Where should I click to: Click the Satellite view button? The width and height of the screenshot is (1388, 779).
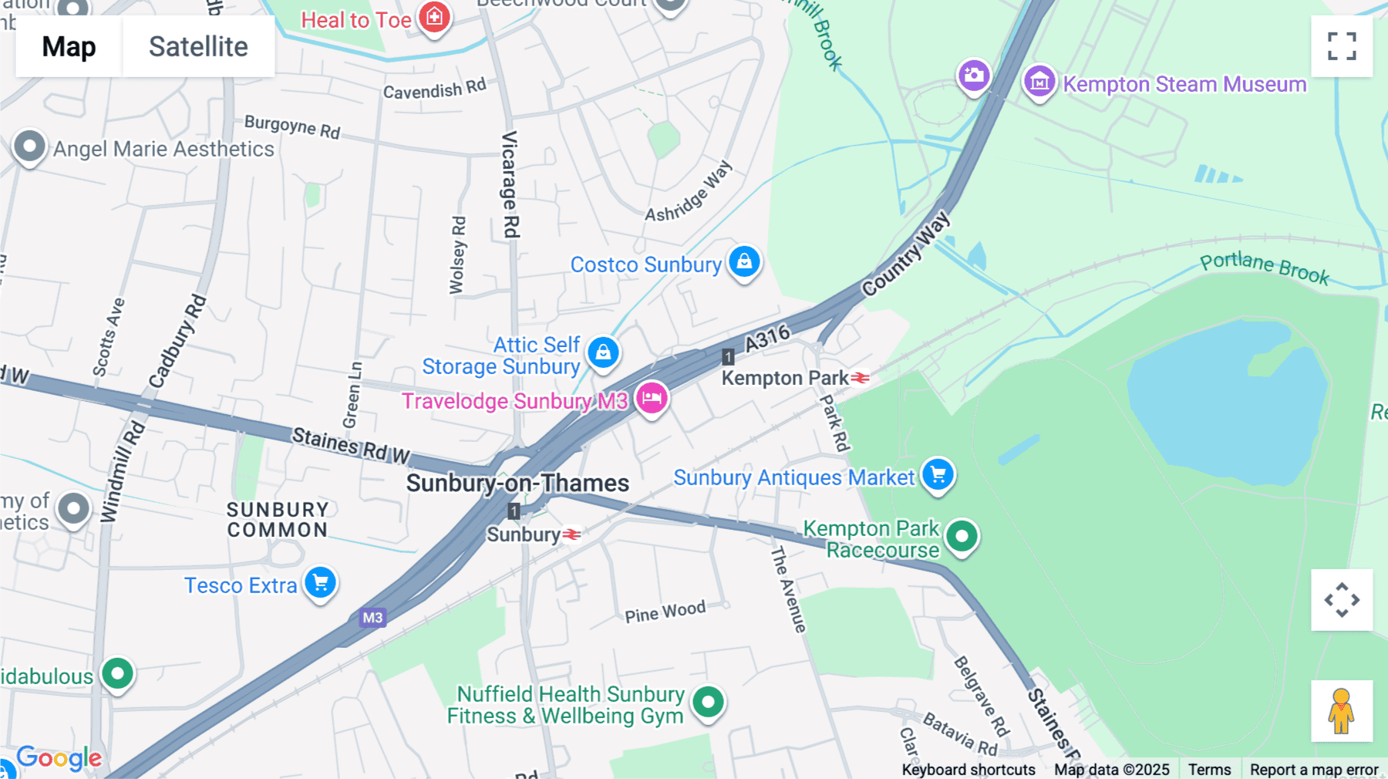tap(198, 46)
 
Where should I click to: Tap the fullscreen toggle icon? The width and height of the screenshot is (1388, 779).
tap(1342, 46)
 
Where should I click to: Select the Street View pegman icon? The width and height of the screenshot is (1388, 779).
tap(1341, 711)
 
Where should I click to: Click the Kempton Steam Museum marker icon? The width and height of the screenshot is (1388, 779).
tap(1039, 81)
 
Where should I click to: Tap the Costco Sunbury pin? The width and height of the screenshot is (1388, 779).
tap(744, 262)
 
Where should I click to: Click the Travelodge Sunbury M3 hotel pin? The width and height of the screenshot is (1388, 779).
tap(652, 399)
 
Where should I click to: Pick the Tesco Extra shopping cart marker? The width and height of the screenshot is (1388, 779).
tap(320, 583)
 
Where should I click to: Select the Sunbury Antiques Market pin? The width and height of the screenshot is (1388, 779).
tap(938, 474)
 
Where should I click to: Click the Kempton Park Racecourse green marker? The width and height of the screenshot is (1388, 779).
tap(962, 536)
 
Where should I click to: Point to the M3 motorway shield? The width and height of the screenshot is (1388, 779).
tap(372, 617)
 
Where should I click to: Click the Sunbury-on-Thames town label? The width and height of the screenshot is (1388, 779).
tap(517, 484)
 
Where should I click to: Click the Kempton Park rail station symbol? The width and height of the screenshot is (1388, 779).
tap(860, 378)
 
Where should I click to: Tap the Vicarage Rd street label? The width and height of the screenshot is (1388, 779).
tap(510, 184)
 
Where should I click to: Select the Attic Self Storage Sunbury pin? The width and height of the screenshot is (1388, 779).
tap(603, 352)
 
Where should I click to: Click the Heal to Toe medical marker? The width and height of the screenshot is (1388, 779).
tap(434, 16)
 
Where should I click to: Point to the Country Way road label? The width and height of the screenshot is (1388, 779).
tap(906, 254)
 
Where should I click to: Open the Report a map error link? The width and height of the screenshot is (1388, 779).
tap(1313, 769)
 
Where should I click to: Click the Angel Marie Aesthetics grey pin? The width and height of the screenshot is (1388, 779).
tap(29, 146)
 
